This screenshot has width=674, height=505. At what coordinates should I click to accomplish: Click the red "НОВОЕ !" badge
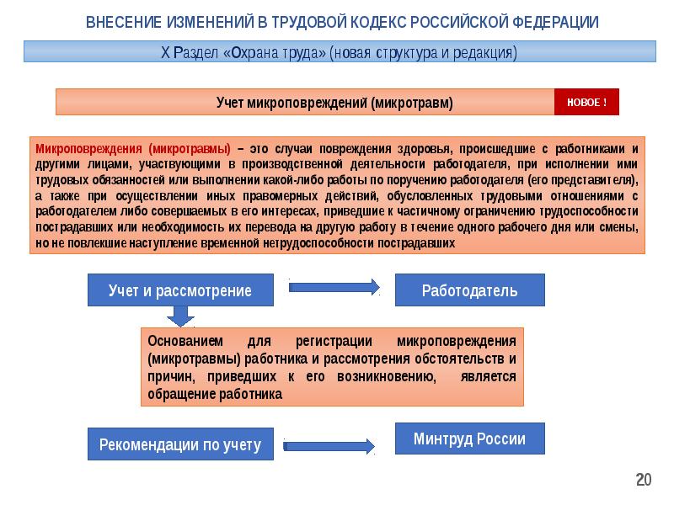(x=586, y=102)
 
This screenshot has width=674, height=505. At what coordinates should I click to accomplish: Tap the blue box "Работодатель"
(x=470, y=290)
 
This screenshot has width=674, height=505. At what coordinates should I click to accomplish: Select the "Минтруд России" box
(x=470, y=439)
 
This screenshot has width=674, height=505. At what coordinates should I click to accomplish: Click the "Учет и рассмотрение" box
(x=180, y=290)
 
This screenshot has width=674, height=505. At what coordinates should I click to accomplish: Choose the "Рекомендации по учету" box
(x=180, y=444)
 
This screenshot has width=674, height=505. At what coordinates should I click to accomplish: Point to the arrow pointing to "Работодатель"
(x=334, y=287)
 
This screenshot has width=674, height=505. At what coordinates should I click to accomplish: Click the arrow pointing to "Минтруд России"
(x=329, y=446)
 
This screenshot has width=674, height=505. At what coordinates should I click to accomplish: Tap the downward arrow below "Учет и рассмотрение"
(x=180, y=316)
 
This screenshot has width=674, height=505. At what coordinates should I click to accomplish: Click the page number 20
(x=644, y=480)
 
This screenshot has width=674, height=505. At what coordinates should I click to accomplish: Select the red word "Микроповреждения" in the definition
(x=88, y=149)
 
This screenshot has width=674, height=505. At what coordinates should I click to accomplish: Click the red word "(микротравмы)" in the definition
(x=190, y=149)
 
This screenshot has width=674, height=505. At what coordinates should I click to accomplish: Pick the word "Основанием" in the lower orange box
(x=185, y=341)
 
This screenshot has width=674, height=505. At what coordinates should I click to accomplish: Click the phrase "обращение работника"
(x=215, y=394)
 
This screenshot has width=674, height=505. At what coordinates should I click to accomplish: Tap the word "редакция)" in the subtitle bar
(x=485, y=52)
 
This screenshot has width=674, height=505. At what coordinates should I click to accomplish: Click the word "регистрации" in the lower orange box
(x=334, y=341)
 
